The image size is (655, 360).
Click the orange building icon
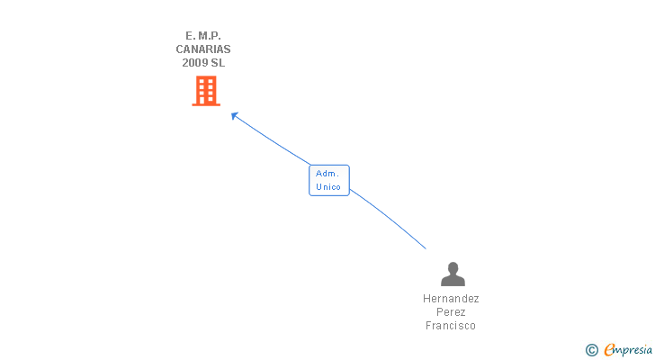point(206,91)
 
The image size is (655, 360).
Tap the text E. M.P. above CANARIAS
point(202,36)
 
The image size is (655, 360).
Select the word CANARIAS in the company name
point(202,49)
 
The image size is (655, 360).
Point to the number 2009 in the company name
point(194,63)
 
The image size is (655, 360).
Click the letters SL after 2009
point(218,63)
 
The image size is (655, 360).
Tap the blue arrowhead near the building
point(234,115)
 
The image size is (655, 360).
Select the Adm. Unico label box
point(328,180)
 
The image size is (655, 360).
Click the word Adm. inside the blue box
point(327,173)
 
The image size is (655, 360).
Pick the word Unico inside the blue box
point(328,187)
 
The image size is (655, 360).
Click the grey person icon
point(453,274)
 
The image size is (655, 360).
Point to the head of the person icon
point(453,267)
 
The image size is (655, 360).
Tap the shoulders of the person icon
point(453,280)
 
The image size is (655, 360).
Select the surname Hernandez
point(451,299)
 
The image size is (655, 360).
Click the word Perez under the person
point(451,312)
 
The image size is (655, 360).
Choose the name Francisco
point(451,326)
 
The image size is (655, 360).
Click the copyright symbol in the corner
point(592,349)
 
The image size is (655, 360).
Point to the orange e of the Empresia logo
point(609,349)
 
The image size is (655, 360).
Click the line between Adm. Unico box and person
point(389,217)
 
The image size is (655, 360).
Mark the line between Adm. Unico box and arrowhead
point(273,140)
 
